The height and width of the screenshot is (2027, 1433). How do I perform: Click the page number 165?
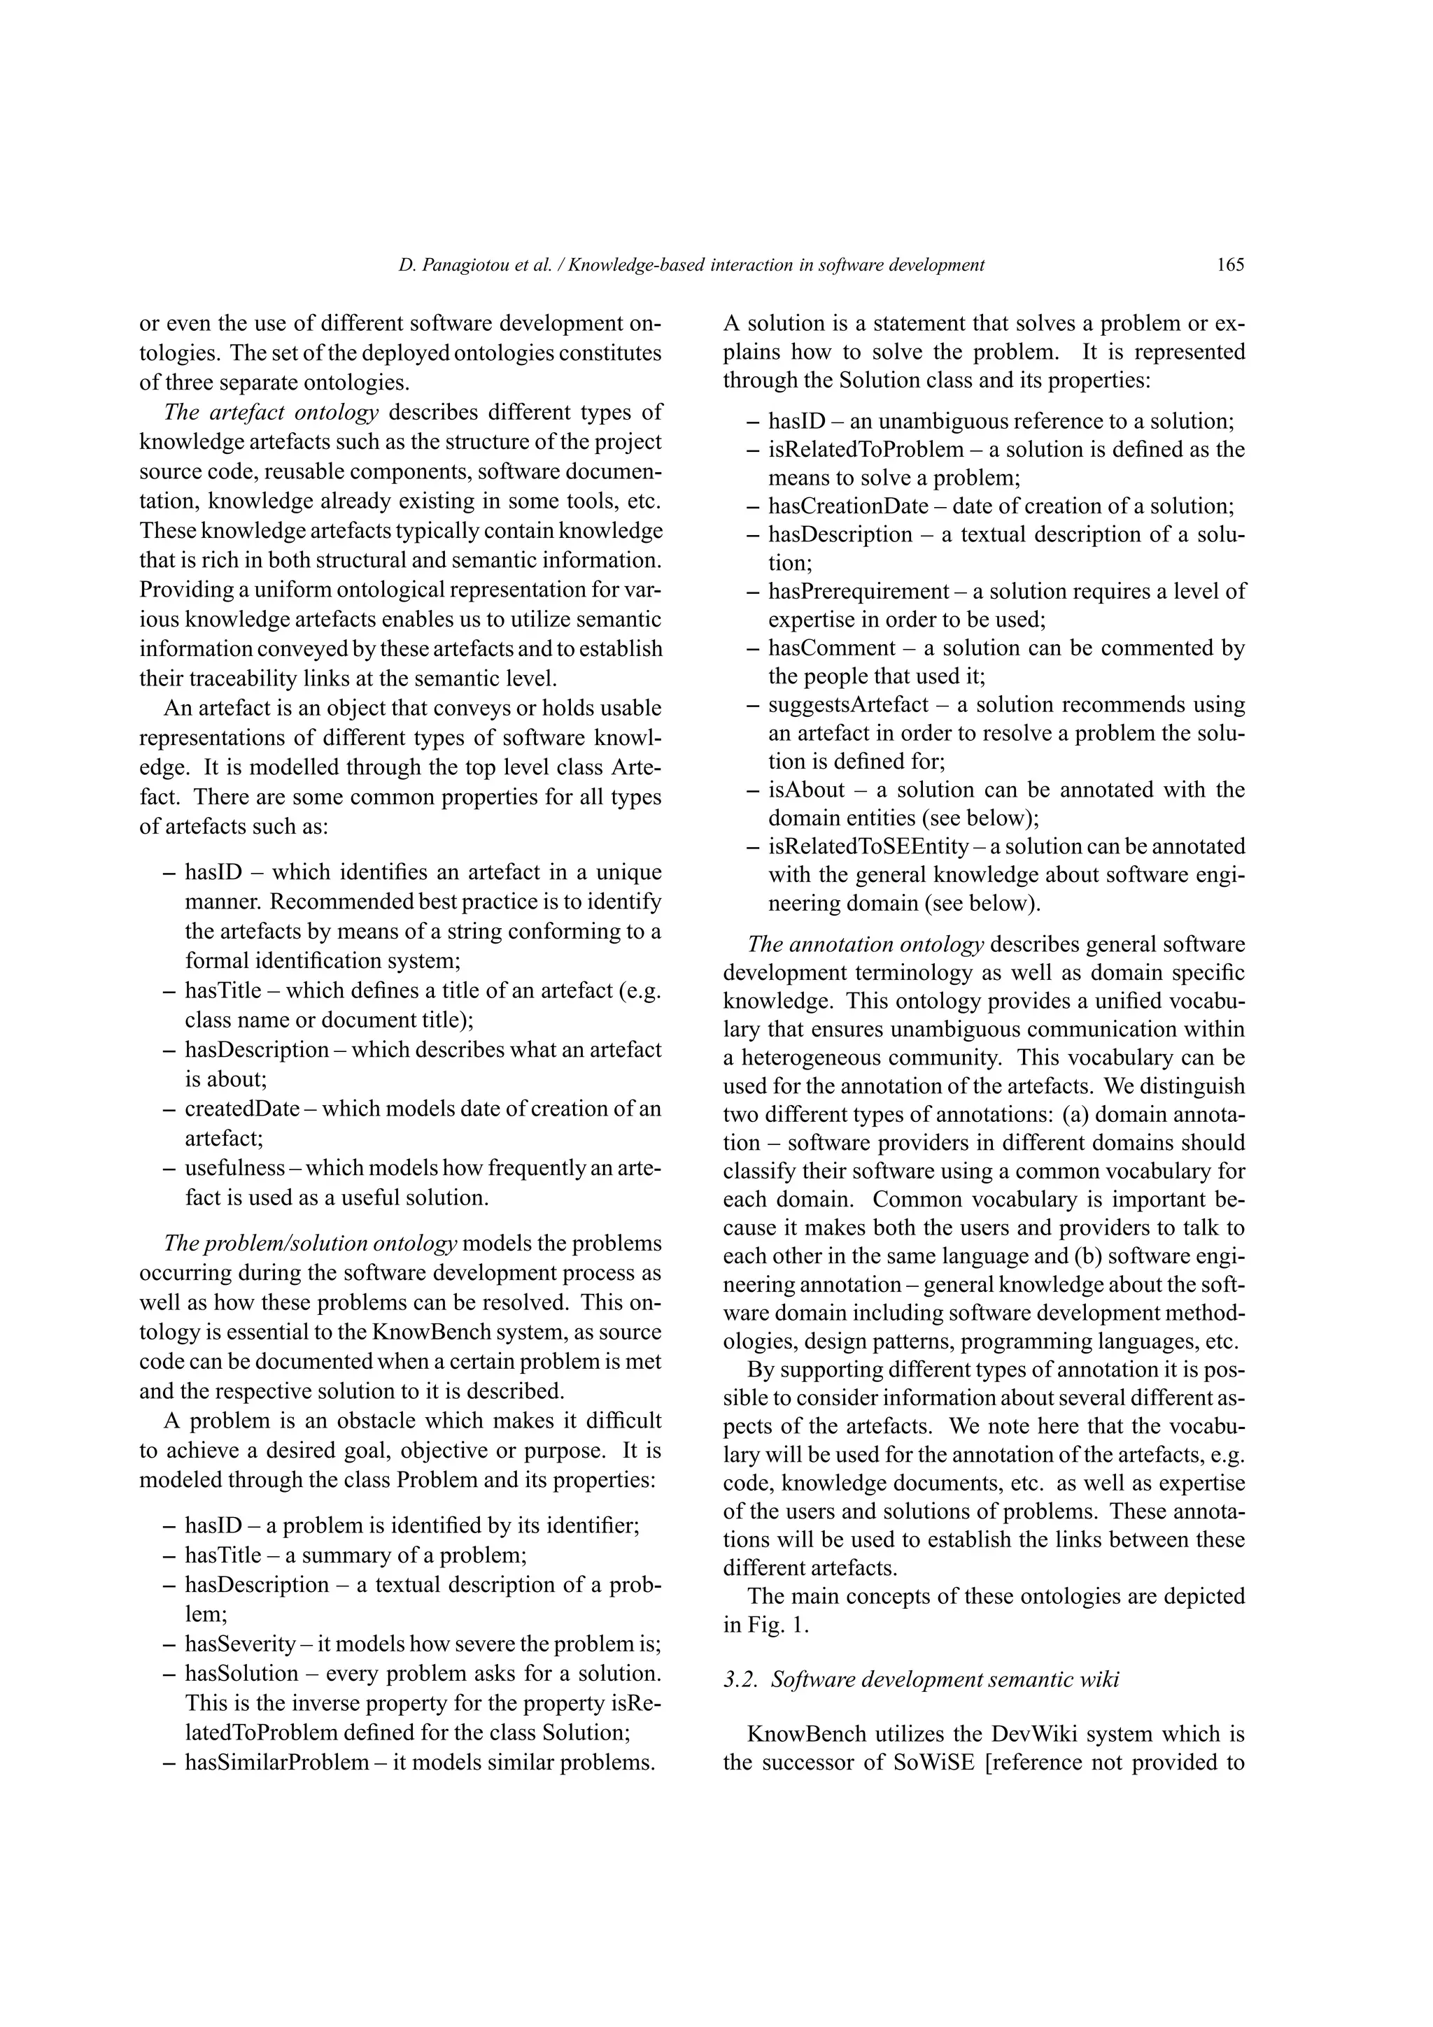coord(1230,264)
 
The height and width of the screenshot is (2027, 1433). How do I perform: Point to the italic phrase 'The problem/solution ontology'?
coord(311,1243)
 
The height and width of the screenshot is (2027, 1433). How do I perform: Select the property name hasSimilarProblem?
coord(276,1761)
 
